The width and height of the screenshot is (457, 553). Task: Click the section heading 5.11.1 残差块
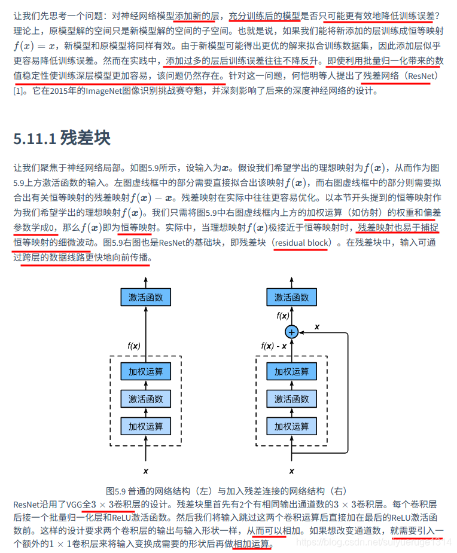coord(62,138)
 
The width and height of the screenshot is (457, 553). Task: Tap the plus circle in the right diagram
coord(291,331)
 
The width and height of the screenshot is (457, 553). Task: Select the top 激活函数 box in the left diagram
coord(146,297)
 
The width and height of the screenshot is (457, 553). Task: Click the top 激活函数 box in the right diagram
coord(291,297)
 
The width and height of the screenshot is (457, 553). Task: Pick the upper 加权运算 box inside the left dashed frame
coord(146,371)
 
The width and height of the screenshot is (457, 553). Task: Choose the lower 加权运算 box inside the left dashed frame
coord(146,426)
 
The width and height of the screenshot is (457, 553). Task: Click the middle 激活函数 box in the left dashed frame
coord(146,399)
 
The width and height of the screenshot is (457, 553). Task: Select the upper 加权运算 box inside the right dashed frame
coord(291,371)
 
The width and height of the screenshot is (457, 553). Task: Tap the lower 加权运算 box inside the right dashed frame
coord(291,426)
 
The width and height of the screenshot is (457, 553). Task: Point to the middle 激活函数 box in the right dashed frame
coord(291,399)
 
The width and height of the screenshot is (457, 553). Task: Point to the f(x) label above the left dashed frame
coord(134,346)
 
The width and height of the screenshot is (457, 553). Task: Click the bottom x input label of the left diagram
coord(146,472)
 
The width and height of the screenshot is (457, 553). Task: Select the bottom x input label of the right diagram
coord(291,472)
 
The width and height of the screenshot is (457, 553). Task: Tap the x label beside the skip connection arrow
coord(317,326)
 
